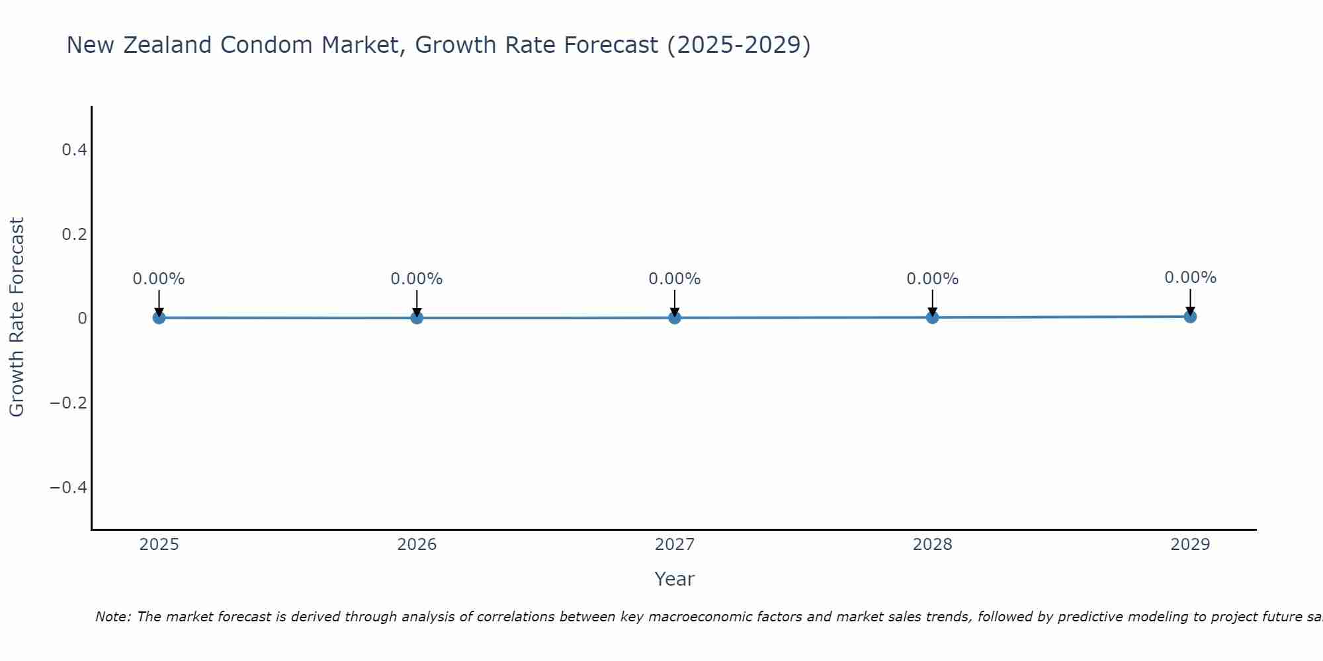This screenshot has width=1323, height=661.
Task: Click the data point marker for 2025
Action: tap(159, 317)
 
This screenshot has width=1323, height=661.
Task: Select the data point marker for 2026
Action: tap(417, 317)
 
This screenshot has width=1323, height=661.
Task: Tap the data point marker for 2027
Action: tap(675, 317)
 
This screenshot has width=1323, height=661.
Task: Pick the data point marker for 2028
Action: tap(932, 317)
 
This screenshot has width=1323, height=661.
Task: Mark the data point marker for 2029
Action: tap(1190, 317)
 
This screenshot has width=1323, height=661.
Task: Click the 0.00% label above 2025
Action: tap(159, 279)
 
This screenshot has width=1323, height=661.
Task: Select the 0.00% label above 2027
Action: tap(675, 279)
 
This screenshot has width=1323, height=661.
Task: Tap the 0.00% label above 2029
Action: tap(1190, 278)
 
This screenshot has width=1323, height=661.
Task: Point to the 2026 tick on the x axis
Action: tap(417, 545)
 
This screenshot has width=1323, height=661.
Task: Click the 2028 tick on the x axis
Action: tap(932, 545)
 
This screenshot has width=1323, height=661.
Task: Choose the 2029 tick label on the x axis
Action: tap(1190, 545)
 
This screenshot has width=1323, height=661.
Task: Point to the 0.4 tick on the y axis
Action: tap(74, 150)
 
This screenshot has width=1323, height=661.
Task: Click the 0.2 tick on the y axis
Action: tap(74, 235)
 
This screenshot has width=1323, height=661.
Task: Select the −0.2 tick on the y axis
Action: tap(69, 403)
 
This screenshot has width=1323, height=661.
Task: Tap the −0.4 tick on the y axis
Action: tap(69, 488)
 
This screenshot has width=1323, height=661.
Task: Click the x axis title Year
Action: tap(674, 579)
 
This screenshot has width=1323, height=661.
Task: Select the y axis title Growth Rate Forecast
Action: tap(17, 317)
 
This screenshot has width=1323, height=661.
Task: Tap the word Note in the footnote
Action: tap(112, 617)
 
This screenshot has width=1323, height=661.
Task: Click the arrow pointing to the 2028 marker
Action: tap(932, 303)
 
